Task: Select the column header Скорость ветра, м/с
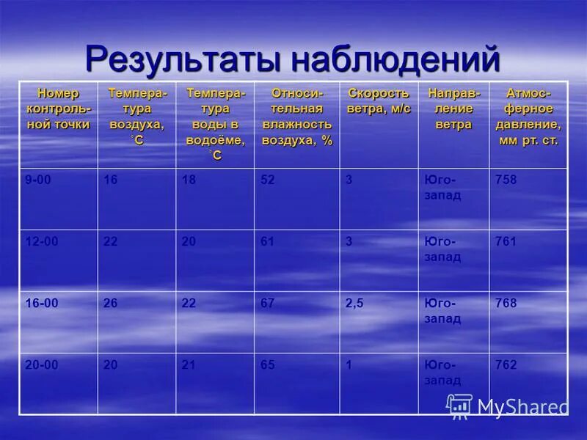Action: coord(379,100)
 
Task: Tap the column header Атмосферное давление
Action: coord(528,117)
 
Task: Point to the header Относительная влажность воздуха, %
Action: coord(297,117)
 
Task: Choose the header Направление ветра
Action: coord(453,109)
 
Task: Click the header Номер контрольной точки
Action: coord(58,109)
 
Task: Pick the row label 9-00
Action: coord(37,180)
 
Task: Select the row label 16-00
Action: coord(41,303)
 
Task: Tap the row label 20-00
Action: coord(41,364)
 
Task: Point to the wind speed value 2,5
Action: coord(354,303)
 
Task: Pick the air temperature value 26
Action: coord(111,303)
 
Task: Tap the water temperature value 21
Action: coord(189,364)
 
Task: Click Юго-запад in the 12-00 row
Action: coord(442,249)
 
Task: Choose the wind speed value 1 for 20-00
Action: coord(349,364)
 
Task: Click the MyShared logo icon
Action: coord(459,406)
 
